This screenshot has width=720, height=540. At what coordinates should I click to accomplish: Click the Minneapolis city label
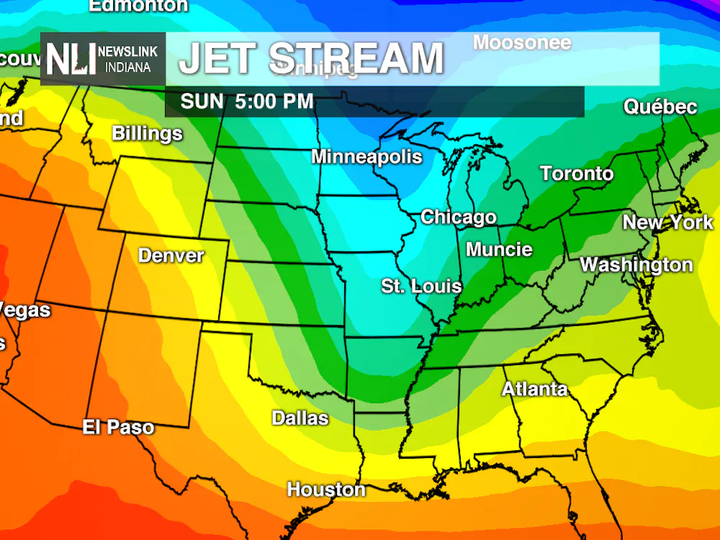tap(366, 157)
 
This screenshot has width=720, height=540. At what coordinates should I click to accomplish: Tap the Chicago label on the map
tap(458, 217)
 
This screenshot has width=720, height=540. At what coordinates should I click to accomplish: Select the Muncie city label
tap(499, 250)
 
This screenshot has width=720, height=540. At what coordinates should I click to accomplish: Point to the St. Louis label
tap(421, 286)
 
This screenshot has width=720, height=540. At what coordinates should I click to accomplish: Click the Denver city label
tap(171, 256)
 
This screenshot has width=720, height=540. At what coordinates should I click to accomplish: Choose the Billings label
tap(147, 134)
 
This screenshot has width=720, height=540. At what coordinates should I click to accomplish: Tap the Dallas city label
tap(300, 418)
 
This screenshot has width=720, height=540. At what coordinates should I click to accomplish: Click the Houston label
tap(326, 490)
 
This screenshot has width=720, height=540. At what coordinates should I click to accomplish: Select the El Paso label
tap(118, 427)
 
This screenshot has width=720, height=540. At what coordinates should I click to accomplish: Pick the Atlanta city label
tap(534, 390)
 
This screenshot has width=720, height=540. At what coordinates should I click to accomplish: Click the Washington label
tap(636, 265)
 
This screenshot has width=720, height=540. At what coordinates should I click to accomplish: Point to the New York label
tap(667, 222)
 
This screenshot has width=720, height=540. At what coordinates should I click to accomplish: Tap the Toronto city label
tap(577, 174)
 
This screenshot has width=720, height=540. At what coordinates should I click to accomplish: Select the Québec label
tap(660, 107)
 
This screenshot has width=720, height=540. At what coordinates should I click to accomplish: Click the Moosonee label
tap(521, 42)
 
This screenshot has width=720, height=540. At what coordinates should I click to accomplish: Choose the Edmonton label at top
tap(138, 6)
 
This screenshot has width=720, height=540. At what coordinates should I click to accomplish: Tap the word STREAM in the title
tap(356, 59)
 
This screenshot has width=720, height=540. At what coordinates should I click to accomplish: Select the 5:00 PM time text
tap(274, 102)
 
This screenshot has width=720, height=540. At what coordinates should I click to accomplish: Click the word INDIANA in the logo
tap(127, 67)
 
